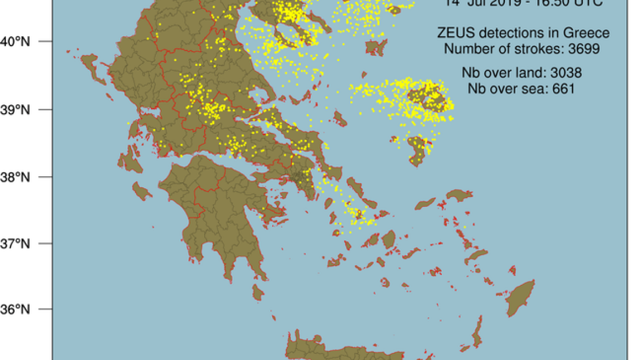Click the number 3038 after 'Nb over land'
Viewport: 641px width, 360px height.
coord(563,72)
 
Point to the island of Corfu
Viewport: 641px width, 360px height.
coord(92,68)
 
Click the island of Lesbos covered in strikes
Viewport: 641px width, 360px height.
coord(427,97)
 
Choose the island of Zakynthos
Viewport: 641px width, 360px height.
coord(142,190)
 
